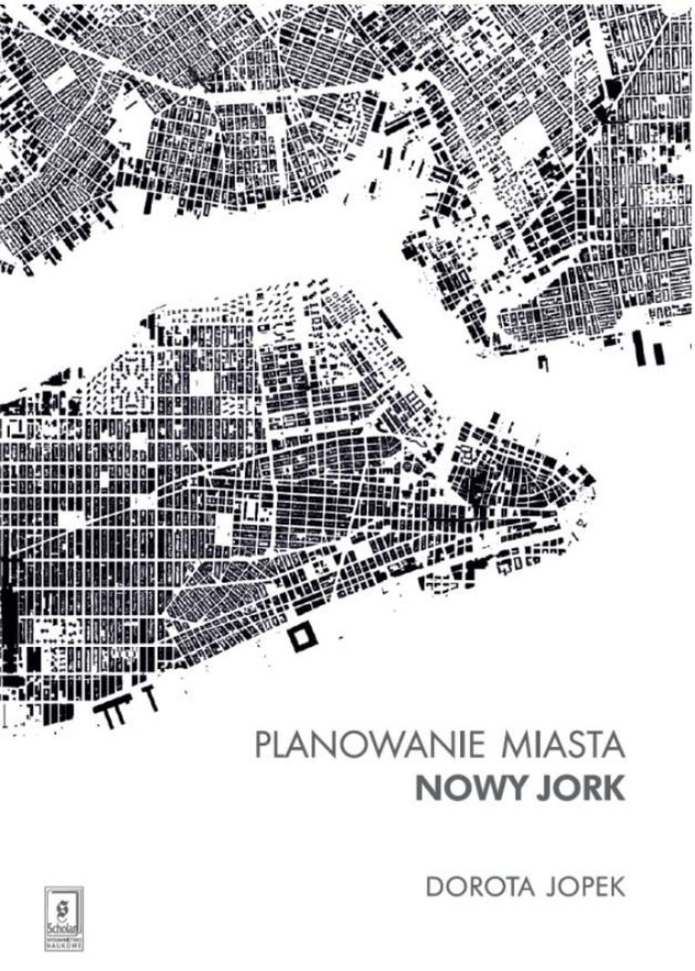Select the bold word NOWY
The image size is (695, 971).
coord(465,787)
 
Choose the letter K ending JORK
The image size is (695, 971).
coord(614,787)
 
